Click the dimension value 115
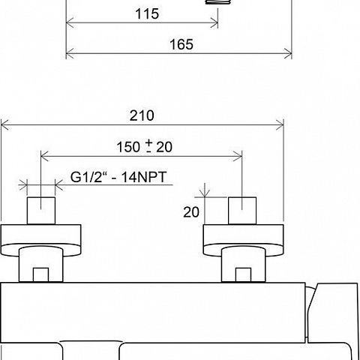(147, 13)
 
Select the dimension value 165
(181, 44)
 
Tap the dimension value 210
(142, 115)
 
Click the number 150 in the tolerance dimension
(128, 147)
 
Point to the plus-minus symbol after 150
(149, 146)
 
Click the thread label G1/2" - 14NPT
(118, 177)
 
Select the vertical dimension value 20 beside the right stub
(191, 212)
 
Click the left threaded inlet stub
(41, 211)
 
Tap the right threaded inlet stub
(242, 211)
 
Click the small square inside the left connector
(40, 274)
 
